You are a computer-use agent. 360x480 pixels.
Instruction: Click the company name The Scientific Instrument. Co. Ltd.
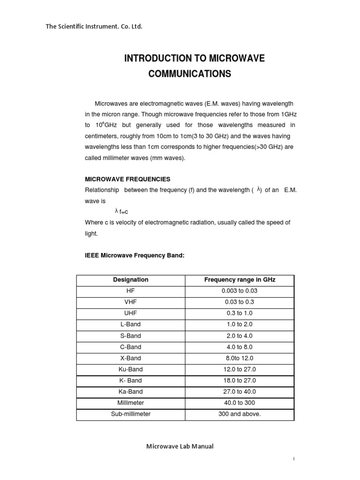(94, 26)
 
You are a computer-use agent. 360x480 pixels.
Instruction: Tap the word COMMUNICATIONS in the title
(190, 74)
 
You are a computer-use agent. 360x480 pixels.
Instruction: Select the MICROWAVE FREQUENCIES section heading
(127, 179)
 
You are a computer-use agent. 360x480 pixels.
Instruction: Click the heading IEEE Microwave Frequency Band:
(135, 255)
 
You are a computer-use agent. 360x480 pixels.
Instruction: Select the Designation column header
(131, 280)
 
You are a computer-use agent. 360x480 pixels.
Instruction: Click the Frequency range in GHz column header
(240, 280)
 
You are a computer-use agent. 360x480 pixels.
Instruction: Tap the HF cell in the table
(131, 291)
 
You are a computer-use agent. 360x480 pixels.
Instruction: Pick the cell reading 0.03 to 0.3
(240, 302)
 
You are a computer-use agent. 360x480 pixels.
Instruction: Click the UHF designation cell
(131, 313)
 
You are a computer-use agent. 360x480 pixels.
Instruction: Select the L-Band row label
(131, 324)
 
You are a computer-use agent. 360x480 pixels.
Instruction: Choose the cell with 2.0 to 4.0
(240, 336)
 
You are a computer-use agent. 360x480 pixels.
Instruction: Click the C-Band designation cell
(131, 347)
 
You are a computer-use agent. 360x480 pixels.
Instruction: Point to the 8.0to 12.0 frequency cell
(240, 358)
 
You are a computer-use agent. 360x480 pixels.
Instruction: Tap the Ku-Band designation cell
(131, 369)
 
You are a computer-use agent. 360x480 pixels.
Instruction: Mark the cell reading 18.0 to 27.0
(240, 381)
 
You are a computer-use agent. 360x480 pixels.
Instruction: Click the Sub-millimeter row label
(131, 414)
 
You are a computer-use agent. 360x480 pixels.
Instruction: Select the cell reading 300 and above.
(240, 414)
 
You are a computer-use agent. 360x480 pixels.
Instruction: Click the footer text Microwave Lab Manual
(180, 446)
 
